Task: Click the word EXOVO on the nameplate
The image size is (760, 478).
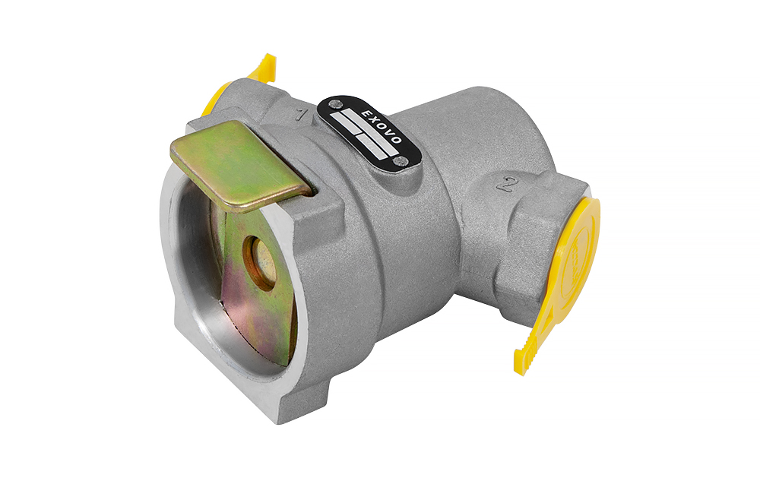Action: [x=382, y=126]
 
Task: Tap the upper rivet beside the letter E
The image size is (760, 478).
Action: [x=334, y=103]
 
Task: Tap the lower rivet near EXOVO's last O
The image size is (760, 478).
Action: [x=400, y=160]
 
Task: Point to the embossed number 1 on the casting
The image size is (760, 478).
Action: [x=302, y=115]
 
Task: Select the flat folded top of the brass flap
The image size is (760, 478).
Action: [x=241, y=166]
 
